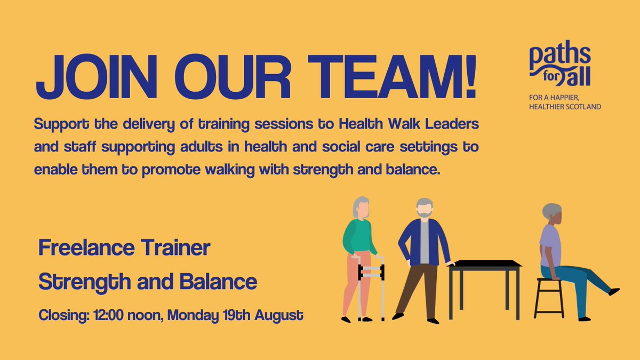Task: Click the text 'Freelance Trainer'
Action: pos(124,248)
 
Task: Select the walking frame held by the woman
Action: pos(371,288)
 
